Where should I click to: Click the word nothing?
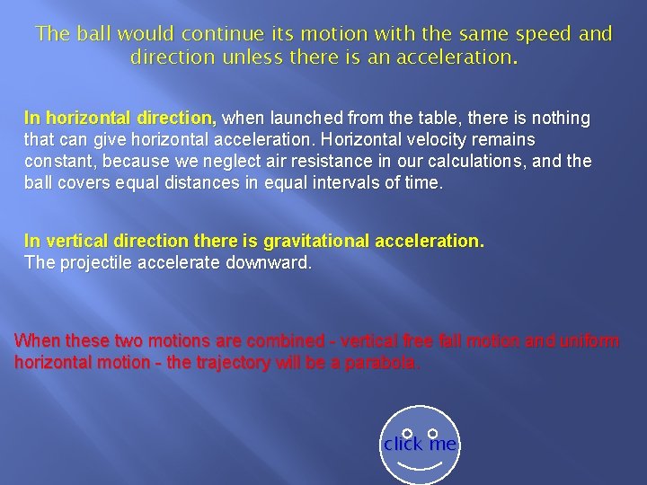point(559,119)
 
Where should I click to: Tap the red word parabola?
point(386,363)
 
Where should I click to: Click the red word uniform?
point(589,341)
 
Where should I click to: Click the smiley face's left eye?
point(407,434)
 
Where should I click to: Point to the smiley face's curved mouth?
point(420,467)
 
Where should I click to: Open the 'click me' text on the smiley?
point(420,445)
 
